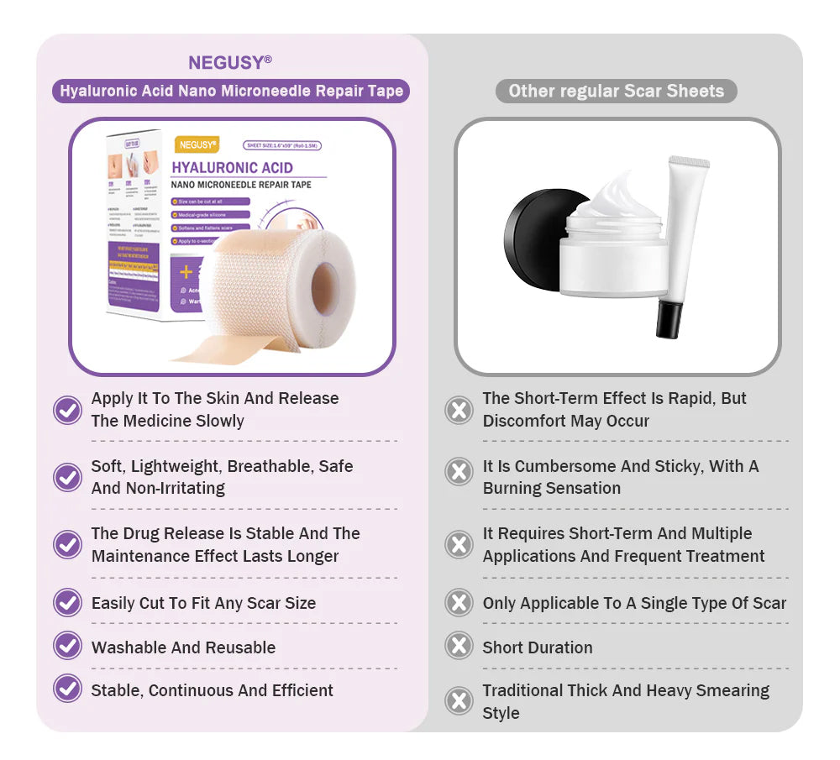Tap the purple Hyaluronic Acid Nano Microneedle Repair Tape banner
[x=231, y=91]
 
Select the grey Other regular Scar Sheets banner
[x=616, y=91]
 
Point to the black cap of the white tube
[x=669, y=319]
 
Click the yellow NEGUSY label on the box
[x=197, y=145]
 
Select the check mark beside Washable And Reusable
[x=67, y=647]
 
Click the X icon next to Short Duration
[x=459, y=647]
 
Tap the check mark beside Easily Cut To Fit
[x=67, y=602]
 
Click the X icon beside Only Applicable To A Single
[x=459, y=602]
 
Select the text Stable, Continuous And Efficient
[x=212, y=690]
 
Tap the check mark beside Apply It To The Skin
[x=67, y=410]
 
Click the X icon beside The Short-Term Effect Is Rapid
[x=459, y=410]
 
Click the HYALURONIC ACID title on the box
[x=232, y=167]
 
